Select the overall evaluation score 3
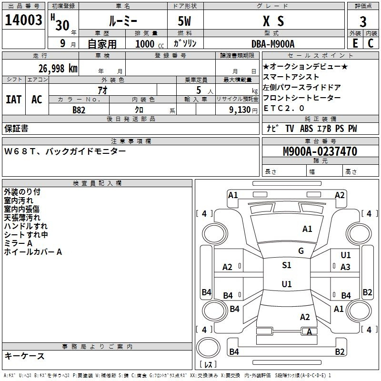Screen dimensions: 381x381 click(363, 21)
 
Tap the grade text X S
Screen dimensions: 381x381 click(273, 21)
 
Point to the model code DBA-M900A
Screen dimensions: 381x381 click(273, 43)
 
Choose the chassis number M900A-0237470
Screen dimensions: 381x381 click(320, 151)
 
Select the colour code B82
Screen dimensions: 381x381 click(79, 110)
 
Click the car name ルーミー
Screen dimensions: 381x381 click(122, 21)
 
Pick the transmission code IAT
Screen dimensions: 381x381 click(14, 99)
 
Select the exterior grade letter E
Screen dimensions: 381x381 click(355, 43)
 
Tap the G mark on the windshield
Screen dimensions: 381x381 click(301, 251)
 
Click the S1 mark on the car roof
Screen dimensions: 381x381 click(286, 265)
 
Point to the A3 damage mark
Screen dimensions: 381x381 click(345, 267)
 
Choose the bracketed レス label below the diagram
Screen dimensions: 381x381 click(210, 365)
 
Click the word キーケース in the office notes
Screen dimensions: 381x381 click(25, 356)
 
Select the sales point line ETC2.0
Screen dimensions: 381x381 click(284, 108)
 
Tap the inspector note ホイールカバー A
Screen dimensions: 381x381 click(33, 252)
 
